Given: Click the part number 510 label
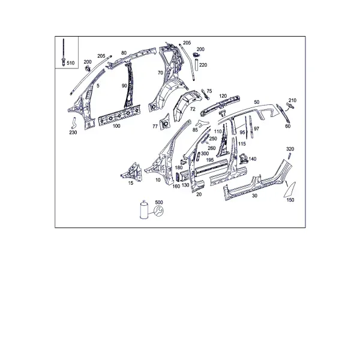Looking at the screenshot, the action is pos(70,63).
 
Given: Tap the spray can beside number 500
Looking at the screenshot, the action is pos(144,209).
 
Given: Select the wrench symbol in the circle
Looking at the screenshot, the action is pos(158,211).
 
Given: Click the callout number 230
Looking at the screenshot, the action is pos(73,133).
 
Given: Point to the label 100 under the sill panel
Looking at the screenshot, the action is pos(116,126).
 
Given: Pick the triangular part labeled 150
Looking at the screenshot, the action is pos(290,190).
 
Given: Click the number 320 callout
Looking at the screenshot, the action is pos(290,149).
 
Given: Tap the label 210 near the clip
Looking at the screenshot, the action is pos(293,100).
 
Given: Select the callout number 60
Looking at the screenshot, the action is pos(287,126).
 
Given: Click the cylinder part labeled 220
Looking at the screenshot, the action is pos(197,65).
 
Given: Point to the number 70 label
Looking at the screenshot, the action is pos(160,73).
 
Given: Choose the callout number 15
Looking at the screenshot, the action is pos(131,183).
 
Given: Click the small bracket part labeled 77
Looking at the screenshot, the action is pos(164,122).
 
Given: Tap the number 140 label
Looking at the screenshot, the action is pos(253,159).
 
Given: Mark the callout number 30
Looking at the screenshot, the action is pos(254,196).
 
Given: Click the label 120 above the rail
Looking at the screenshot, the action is pos(223,96).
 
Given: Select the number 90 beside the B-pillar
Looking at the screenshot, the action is pos(124,86).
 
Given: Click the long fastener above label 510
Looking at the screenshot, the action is pos(64,52).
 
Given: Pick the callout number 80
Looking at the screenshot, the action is pos(124,53).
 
